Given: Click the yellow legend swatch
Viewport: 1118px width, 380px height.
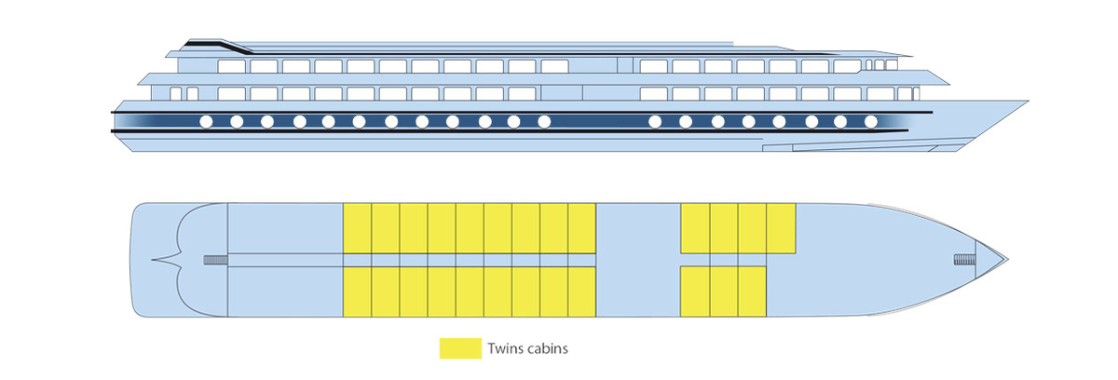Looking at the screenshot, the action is [460, 348].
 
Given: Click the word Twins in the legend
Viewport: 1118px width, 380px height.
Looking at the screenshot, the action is [503, 348].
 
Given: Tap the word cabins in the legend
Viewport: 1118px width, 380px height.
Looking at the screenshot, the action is [546, 348].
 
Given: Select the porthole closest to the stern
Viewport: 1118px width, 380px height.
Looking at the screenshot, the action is [206, 122].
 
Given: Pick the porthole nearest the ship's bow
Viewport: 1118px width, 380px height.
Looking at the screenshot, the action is [871, 122].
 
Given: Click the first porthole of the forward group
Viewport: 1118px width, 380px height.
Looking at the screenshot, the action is [655, 122].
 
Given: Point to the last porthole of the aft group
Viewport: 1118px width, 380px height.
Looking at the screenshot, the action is [544, 122].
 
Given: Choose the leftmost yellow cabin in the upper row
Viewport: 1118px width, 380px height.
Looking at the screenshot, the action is [357, 228].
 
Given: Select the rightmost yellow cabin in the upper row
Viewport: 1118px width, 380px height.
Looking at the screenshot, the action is [781, 228].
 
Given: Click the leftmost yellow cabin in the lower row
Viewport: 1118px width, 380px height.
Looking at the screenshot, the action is [357, 292].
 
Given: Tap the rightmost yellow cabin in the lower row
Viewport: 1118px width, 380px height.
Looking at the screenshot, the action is [752, 292].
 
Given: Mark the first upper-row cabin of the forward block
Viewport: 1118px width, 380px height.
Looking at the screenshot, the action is [695, 228].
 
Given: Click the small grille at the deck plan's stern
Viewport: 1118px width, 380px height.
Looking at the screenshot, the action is [215, 260].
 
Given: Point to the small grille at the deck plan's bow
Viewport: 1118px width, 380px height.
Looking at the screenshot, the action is [964, 259].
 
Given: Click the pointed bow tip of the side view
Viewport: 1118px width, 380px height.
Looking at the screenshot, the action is [1027, 102].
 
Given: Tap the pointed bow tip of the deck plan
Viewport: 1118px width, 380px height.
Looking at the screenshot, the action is [1008, 259].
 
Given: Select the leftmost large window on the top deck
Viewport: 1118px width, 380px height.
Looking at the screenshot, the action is [232, 66].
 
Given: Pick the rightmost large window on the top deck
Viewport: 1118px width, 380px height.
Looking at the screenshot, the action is [847, 66].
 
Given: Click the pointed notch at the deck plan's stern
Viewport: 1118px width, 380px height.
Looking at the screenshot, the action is [152, 260].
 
